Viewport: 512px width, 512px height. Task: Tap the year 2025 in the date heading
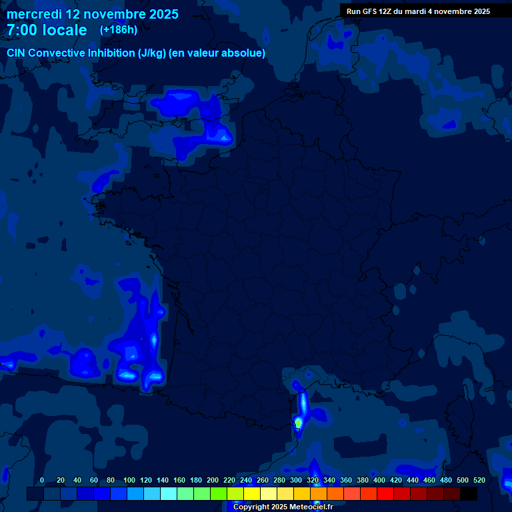pyautogui.click(x=161, y=14)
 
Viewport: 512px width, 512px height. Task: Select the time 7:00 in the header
pyautogui.click(x=22, y=30)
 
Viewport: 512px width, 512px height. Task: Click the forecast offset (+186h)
pyautogui.click(x=119, y=30)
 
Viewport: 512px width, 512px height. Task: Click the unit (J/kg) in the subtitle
pyautogui.click(x=151, y=53)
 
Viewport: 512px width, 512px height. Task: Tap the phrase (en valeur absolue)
pyautogui.click(x=217, y=53)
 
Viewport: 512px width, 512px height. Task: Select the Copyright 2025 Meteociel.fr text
pyautogui.click(x=283, y=507)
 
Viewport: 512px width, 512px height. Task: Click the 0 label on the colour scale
pyautogui.click(x=42, y=480)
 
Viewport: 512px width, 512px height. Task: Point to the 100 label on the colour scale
pyautogui.click(x=129, y=480)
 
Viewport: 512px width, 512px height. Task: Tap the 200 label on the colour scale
pyautogui.click(x=213, y=480)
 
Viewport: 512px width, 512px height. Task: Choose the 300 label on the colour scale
pyautogui.click(x=296, y=480)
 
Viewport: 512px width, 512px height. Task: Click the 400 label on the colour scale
pyautogui.click(x=379, y=480)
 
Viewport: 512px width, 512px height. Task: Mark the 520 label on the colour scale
pyautogui.click(x=479, y=480)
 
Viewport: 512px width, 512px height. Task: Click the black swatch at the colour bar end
pyautogui.click(x=469, y=494)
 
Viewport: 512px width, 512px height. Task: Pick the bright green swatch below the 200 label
pyautogui.click(x=219, y=494)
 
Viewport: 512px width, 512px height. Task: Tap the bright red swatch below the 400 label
pyautogui.click(x=385, y=494)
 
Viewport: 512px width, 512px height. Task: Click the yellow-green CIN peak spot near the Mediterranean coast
pyautogui.click(x=298, y=423)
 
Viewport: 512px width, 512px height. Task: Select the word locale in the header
pyautogui.click(x=63, y=30)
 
